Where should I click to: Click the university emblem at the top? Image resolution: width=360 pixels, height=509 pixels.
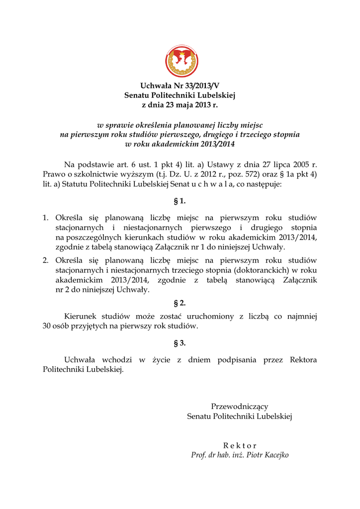click(x=181, y=61)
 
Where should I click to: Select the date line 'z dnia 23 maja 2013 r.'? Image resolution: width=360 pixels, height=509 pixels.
click(x=180, y=105)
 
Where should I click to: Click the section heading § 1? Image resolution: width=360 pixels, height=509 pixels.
click(x=180, y=201)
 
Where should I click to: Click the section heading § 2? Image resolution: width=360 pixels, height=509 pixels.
click(x=180, y=303)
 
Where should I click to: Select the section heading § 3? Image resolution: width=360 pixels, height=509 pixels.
click(x=180, y=343)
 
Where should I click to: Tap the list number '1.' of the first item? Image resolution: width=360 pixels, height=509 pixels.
click(x=46, y=218)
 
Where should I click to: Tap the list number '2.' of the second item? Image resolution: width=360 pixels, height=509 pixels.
click(x=46, y=260)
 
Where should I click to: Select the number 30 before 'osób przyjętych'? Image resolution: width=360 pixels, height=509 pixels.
click(x=48, y=327)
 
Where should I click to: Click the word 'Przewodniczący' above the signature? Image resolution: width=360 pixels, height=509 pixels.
click(x=240, y=407)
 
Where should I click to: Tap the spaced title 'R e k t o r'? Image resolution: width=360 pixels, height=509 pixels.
click(x=240, y=445)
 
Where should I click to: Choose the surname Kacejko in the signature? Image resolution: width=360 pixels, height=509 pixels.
click(x=273, y=455)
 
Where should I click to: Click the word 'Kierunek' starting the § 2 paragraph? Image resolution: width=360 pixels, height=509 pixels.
click(x=81, y=317)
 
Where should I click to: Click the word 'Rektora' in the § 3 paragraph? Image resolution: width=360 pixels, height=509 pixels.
click(x=303, y=360)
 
